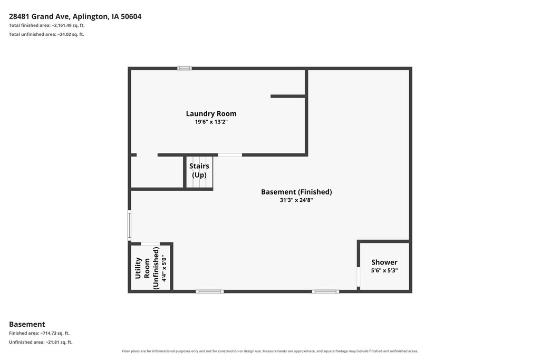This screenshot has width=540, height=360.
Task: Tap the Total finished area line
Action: tap(47, 25)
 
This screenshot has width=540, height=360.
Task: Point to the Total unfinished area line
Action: tap(46, 34)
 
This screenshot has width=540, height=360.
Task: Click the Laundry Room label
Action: tap(211, 113)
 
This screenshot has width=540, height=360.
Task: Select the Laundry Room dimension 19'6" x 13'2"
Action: tap(211, 122)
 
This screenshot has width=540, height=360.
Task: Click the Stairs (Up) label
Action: tap(199, 170)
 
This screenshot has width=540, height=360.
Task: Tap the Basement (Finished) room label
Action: tap(296, 192)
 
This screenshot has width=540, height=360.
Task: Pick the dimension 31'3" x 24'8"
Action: tap(296, 200)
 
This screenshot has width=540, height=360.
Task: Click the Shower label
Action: tap(384, 262)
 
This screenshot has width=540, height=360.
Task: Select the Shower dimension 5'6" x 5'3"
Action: tap(384, 270)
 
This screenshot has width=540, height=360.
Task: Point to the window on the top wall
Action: tap(185, 69)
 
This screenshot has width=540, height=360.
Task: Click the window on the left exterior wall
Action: tap(130, 226)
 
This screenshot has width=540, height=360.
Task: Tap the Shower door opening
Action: tap(359, 277)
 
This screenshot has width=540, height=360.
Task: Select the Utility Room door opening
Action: tap(150, 244)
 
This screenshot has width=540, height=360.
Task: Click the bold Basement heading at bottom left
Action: tap(27, 324)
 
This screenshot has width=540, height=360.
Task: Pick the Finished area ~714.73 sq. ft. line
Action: tap(39, 333)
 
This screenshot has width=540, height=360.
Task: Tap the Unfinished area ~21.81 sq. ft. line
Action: tap(41, 342)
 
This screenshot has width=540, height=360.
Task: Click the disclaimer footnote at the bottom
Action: tap(270, 351)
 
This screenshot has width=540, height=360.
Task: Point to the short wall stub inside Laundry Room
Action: tap(288, 96)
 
